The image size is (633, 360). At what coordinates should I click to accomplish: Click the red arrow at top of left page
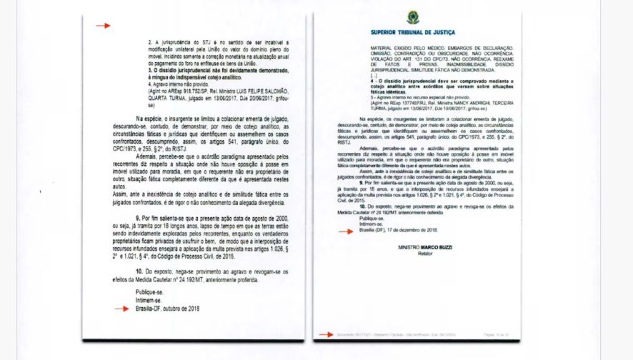point(104,26)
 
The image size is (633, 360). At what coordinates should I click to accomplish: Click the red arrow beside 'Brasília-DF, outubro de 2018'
point(123,309)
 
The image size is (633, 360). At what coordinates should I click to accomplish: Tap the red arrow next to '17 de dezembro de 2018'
point(346,231)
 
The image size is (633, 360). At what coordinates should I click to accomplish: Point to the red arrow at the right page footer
point(326,334)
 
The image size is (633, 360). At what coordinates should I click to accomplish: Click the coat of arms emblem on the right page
point(414,18)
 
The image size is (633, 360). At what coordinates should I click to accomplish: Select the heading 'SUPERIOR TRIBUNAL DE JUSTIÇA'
point(414,33)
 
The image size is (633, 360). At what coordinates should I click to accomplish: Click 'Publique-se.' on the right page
point(370,219)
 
